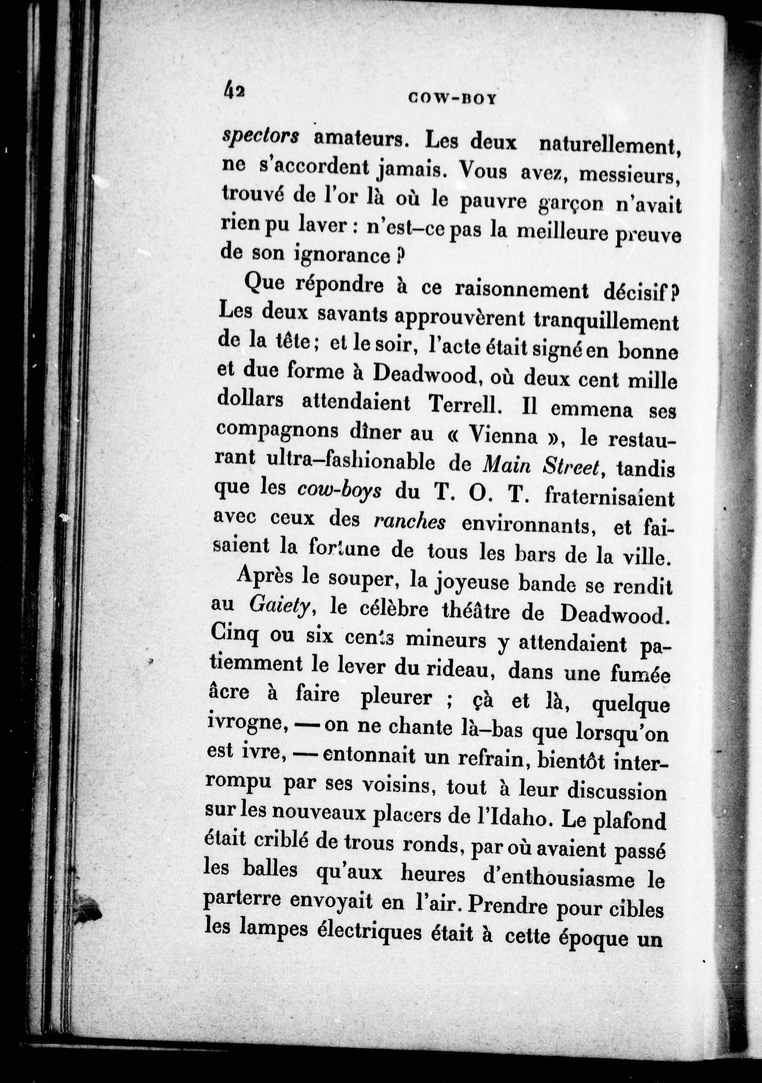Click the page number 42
click(x=234, y=89)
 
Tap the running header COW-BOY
click(x=452, y=99)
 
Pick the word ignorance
click(x=340, y=255)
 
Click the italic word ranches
click(x=409, y=522)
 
